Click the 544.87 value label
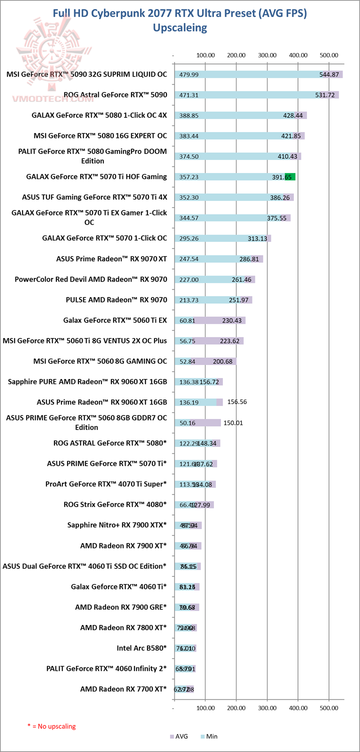329,74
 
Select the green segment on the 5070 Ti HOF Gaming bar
290,176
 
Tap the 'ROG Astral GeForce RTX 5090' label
115,94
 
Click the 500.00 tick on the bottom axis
328,707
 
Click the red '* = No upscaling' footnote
51,725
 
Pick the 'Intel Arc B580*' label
141,648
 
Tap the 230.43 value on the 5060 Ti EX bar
231,320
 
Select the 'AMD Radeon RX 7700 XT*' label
123,689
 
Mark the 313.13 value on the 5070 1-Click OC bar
258,238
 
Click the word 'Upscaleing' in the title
180,27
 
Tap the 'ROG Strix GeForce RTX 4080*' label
115,504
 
